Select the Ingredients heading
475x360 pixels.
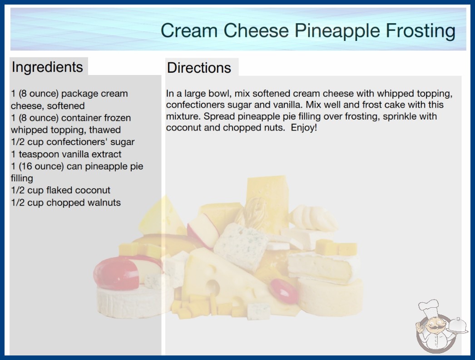47,67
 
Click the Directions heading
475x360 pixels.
199,68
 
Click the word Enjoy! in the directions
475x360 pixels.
304,128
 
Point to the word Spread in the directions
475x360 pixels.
219,116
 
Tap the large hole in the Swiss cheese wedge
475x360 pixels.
213,287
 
